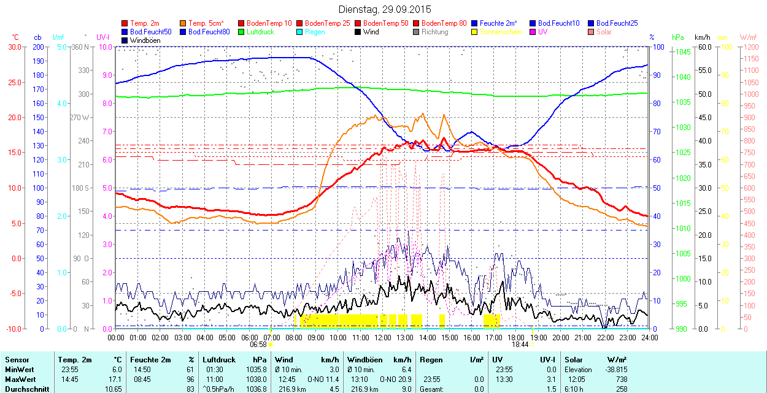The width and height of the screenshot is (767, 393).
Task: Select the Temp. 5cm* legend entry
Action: coord(206,23)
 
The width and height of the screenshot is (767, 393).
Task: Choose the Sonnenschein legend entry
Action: coord(501,32)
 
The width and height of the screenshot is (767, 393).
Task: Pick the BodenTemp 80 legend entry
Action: coord(444,23)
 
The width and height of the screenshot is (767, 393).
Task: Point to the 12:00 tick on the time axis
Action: coord(383,337)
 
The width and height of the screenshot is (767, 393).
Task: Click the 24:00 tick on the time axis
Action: coord(649,337)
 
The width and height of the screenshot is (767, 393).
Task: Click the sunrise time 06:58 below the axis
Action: coord(258,345)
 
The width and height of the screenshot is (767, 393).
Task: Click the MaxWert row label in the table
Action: coord(19,380)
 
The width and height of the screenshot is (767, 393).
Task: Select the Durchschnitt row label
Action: coord(24,389)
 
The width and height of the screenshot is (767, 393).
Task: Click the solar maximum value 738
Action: coord(621,380)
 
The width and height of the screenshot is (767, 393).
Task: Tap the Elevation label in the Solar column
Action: coord(579,370)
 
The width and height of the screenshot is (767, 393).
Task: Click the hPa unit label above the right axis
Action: coord(677,37)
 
